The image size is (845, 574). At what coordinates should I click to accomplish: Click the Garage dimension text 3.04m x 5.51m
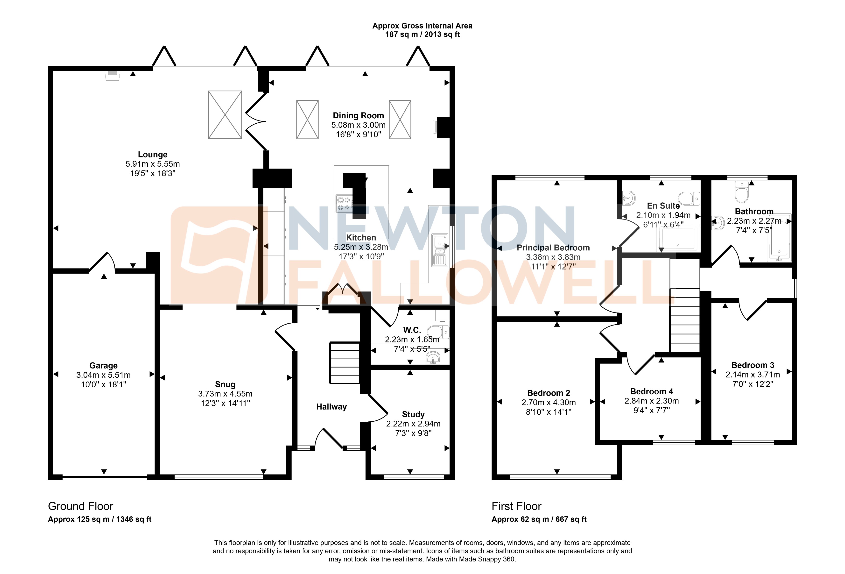pos(103,375)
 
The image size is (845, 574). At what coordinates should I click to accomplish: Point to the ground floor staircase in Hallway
pos(344,363)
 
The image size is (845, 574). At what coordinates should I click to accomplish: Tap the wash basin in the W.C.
pos(433,359)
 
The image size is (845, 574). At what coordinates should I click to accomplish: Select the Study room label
pos(413,414)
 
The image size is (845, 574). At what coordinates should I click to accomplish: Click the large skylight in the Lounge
pos(225,114)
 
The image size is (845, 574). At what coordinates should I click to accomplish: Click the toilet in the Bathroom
pos(742,192)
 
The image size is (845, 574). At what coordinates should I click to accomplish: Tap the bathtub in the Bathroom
pos(779,238)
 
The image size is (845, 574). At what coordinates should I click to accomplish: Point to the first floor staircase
pos(685,320)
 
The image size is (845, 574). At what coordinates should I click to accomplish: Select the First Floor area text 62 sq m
pos(539,519)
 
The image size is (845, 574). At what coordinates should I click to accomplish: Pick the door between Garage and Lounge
pos(102,262)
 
